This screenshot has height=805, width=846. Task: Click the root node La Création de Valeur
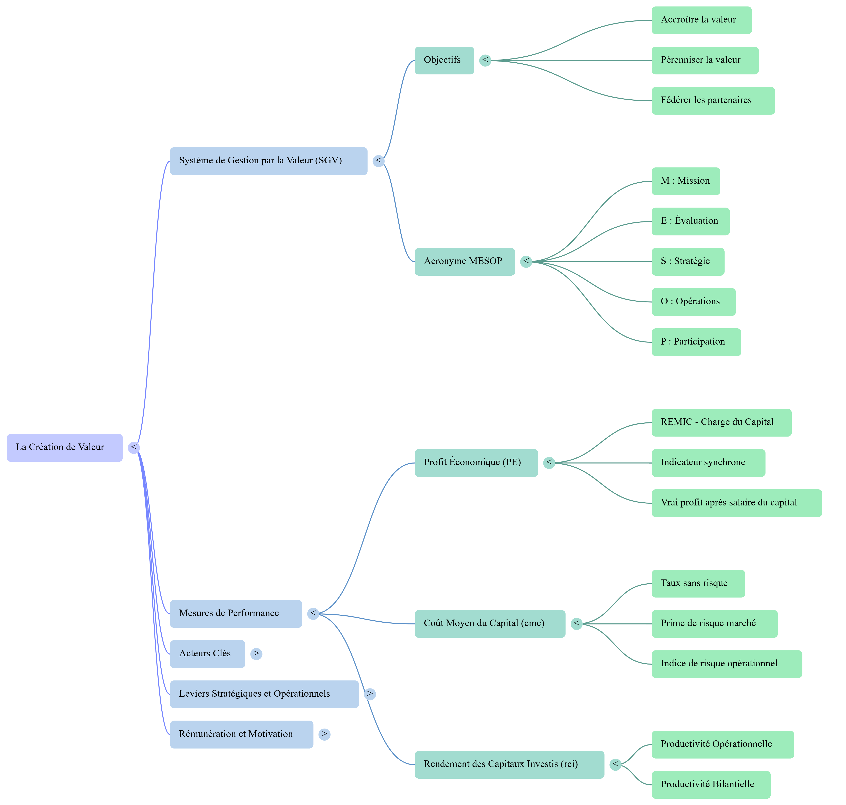[x=64, y=448]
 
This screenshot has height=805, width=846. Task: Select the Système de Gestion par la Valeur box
[x=268, y=161]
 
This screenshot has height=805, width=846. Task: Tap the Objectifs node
[x=444, y=61]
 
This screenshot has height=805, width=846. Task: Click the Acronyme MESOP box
[x=464, y=261]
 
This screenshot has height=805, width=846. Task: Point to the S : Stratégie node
[x=687, y=261]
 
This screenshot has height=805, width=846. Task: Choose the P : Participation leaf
[x=696, y=342]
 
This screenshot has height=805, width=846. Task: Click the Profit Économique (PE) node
[x=476, y=463]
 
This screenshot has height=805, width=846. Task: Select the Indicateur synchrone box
[x=708, y=463]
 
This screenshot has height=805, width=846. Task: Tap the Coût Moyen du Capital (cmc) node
[x=490, y=623]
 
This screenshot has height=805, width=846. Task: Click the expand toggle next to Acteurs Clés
[x=256, y=653]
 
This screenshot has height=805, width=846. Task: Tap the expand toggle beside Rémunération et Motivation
[x=324, y=734]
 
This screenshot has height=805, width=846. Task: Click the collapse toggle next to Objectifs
[x=485, y=61]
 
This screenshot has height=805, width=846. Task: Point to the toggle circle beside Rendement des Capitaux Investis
[x=615, y=764]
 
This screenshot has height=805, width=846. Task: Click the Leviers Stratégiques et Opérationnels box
[x=264, y=694]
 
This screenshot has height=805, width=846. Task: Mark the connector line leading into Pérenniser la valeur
[x=570, y=61]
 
